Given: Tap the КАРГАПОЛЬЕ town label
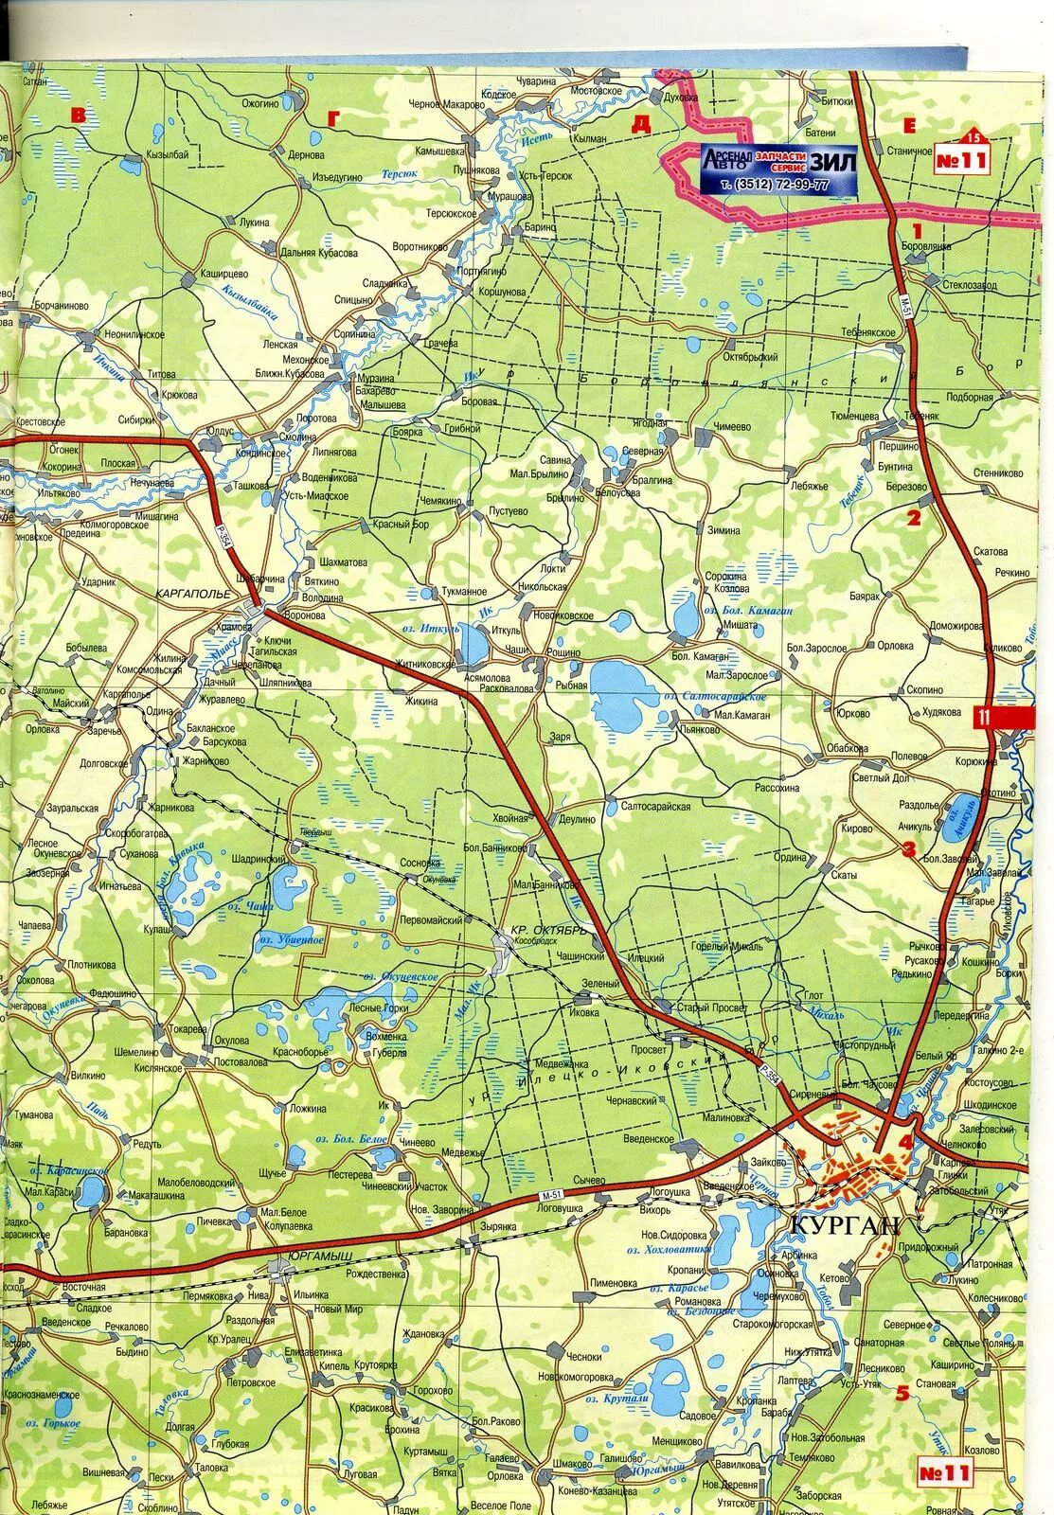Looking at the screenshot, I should (200, 594).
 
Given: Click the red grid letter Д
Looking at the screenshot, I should (643, 121).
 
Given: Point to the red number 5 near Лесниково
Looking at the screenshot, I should (903, 1392).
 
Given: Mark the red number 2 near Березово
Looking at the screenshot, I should (913, 517).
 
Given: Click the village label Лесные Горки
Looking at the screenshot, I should (379, 1009).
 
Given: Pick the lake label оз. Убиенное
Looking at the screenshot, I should (292, 941).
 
